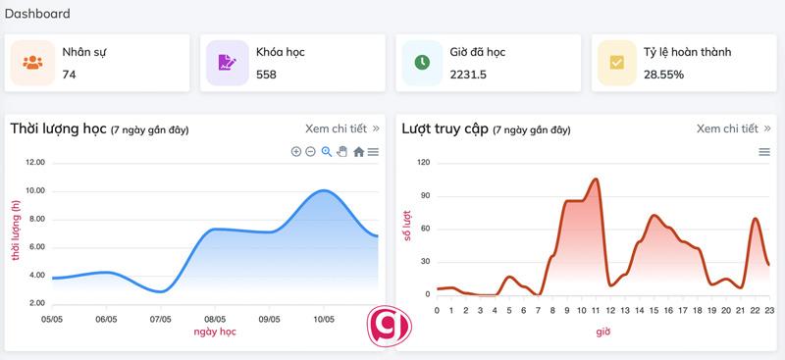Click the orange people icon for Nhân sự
click(x=33, y=63)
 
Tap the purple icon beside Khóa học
click(x=228, y=63)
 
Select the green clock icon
click(x=422, y=63)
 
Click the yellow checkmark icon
click(x=617, y=63)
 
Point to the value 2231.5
click(x=468, y=75)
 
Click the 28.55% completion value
click(x=663, y=75)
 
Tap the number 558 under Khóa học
click(x=266, y=75)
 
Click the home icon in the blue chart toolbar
click(x=358, y=151)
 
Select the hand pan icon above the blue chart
click(x=342, y=151)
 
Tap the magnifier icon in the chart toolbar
click(x=327, y=151)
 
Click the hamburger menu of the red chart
click(x=764, y=151)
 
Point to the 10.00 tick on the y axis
click(x=34, y=190)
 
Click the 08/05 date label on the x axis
click(x=215, y=319)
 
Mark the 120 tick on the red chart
click(x=424, y=163)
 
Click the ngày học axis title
click(x=213, y=332)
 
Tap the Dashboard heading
click(x=37, y=14)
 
